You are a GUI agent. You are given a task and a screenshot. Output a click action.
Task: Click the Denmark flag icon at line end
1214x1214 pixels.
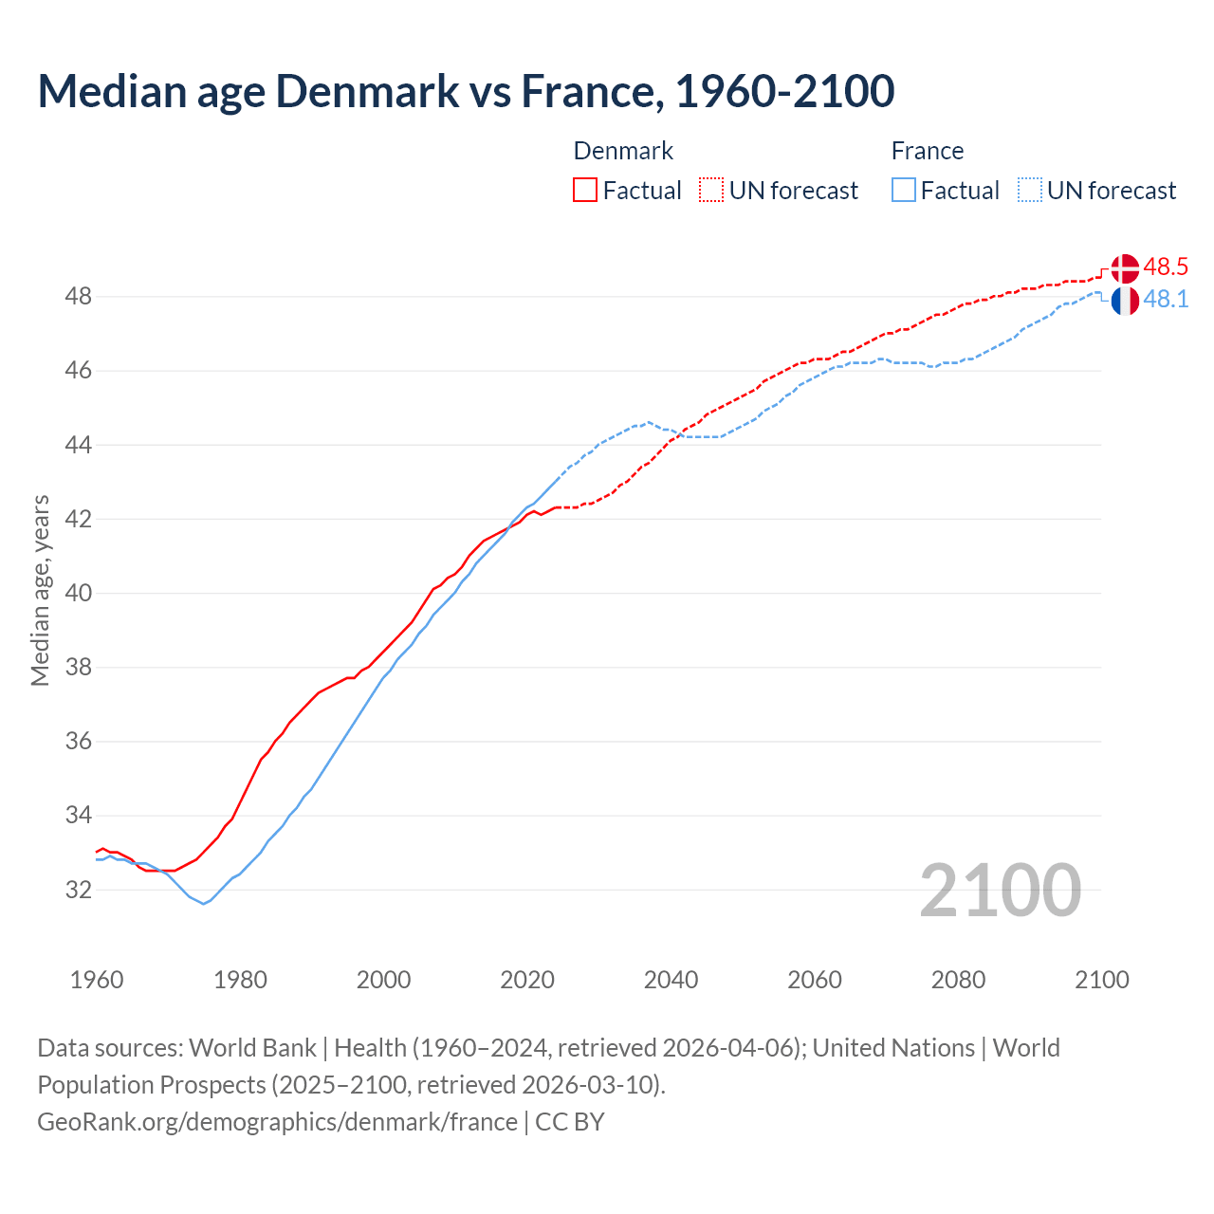coord(1125,268)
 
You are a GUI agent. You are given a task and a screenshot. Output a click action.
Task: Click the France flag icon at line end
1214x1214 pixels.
coord(1125,301)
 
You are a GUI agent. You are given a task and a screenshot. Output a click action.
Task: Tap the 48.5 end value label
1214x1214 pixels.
coord(1166,267)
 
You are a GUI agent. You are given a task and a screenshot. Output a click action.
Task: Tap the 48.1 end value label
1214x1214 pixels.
coord(1166,300)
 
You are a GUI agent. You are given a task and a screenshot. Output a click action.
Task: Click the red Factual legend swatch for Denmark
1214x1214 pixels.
coord(585,191)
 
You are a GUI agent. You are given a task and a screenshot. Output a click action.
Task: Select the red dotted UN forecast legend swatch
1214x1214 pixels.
coord(711,191)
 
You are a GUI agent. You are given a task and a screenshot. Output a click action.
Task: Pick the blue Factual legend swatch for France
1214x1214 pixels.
coord(904,191)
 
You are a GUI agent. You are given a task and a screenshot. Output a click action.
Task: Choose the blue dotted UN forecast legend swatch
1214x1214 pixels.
coord(1030,191)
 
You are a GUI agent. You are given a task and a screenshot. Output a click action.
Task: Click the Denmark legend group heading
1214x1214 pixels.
coord(623,151)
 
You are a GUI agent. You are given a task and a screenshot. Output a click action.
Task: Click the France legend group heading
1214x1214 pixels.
coord(927,151)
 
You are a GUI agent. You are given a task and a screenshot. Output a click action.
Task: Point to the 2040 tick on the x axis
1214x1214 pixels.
coord(671,980)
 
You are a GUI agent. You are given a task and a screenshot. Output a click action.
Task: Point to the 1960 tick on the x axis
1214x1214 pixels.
coord(97,980)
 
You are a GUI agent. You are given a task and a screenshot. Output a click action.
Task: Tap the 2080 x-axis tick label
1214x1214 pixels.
coord(958,980)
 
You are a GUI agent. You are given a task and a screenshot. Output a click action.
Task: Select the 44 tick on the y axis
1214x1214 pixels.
coord(79,445)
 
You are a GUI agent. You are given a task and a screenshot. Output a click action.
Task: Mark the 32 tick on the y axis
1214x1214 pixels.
coord(79,890)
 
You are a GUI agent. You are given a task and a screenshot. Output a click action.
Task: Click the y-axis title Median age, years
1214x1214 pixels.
coord(40,590)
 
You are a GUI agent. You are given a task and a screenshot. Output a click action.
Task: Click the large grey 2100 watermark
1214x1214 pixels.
coord(1000,890)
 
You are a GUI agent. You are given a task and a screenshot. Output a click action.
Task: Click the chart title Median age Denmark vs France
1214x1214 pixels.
coord(466,91)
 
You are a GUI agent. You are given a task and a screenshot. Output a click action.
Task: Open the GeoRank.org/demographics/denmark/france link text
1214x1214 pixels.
coord(277,1122)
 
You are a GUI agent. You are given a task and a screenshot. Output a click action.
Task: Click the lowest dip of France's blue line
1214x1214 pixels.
coord(203,903)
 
